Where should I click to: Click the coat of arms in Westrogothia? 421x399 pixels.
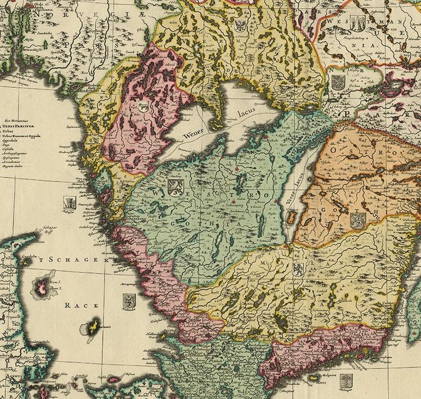pos(175,187)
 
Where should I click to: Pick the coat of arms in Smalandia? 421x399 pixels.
pos(298,269)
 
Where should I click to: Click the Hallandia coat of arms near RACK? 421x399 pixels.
pos(129,300)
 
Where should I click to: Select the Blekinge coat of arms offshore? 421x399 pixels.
pos(345,380)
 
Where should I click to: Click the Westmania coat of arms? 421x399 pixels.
pos(358,23)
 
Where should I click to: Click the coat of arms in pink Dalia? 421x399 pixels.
pos(144,106)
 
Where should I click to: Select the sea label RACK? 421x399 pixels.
pos(76,305)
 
